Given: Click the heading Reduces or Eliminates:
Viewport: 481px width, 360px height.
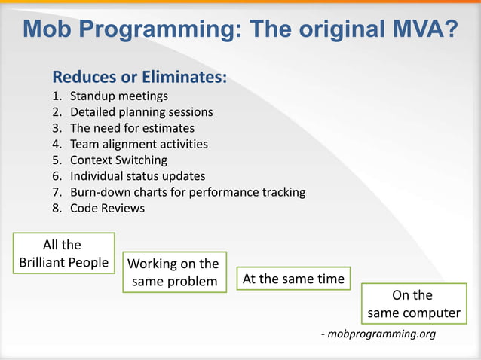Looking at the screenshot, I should pos(139,78).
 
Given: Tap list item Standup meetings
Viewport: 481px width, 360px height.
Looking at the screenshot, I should pos(119,96).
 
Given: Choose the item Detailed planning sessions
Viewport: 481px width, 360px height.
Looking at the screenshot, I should pos(141,112).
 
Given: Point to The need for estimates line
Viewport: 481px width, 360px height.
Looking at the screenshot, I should pos(132,128).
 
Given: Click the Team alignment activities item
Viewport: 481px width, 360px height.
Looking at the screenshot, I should pos(139,144).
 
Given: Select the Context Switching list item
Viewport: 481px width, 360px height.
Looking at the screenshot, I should pos(118,160).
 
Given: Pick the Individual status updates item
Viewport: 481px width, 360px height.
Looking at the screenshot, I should pos(137,175).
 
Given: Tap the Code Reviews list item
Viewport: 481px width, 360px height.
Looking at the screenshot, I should pos(107,208).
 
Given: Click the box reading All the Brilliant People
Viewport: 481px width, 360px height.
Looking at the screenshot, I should pos(63,254).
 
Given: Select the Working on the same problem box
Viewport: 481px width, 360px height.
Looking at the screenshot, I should pos(174,273).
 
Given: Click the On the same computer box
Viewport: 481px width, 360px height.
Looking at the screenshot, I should pos(412,304).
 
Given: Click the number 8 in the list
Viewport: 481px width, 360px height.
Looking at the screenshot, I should pos(56,208).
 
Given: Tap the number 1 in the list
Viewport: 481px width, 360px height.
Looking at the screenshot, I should pos(56,96).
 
